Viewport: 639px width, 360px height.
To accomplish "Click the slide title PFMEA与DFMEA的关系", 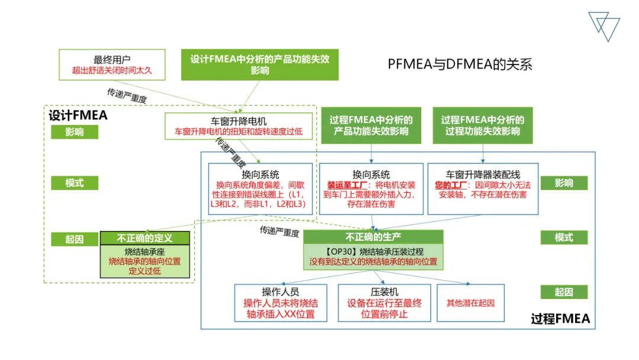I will (x=460, y=64).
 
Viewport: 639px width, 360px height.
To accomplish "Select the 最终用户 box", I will (x=111, y=65).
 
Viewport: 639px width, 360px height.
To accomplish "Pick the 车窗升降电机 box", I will (x=238, y=126).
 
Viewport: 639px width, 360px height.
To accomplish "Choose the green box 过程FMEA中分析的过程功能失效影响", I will (x=482, y=126).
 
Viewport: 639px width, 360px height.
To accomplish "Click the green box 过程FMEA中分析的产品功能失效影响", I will (x=371, y=126).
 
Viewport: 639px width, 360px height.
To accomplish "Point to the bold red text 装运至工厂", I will (x=344, y=185).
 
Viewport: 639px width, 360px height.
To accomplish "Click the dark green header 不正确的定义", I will (x=144, y=238).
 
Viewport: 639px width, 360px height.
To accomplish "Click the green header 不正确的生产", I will (x=372, y=237).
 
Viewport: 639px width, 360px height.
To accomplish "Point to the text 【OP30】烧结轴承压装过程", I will (x=372, y=251).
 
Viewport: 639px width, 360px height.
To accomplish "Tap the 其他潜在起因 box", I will (x=470, y=303).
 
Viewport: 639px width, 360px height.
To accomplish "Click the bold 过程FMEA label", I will (x=560, y=319).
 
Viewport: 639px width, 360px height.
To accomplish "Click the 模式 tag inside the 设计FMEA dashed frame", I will (x=74, y=183).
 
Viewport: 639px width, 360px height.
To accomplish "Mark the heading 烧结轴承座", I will (x=144, y=251).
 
